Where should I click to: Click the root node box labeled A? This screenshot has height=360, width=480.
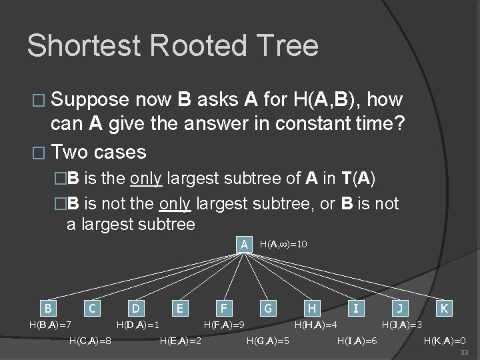click(245, 244)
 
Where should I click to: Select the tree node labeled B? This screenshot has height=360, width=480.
click(47, 308)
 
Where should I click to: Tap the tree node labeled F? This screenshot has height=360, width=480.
click(223, 308)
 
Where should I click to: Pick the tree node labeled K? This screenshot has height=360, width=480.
click(443, 308)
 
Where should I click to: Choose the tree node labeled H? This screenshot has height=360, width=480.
click(311, 308)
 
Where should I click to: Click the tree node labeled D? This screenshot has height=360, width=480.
click(135, 308)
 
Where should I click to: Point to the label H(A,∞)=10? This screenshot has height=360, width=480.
click(283, 245)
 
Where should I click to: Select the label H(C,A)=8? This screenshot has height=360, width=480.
click(90, 341)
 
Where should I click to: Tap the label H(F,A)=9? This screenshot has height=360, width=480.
click(224, 325)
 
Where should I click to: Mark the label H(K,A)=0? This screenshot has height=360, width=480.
click(445, 341)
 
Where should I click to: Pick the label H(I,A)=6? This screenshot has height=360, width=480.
click(357, 341)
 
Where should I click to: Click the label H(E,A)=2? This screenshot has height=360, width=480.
click(181, 341)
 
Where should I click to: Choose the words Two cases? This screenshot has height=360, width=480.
click(99, 152)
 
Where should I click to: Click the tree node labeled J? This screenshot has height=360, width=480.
click(399, 308)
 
